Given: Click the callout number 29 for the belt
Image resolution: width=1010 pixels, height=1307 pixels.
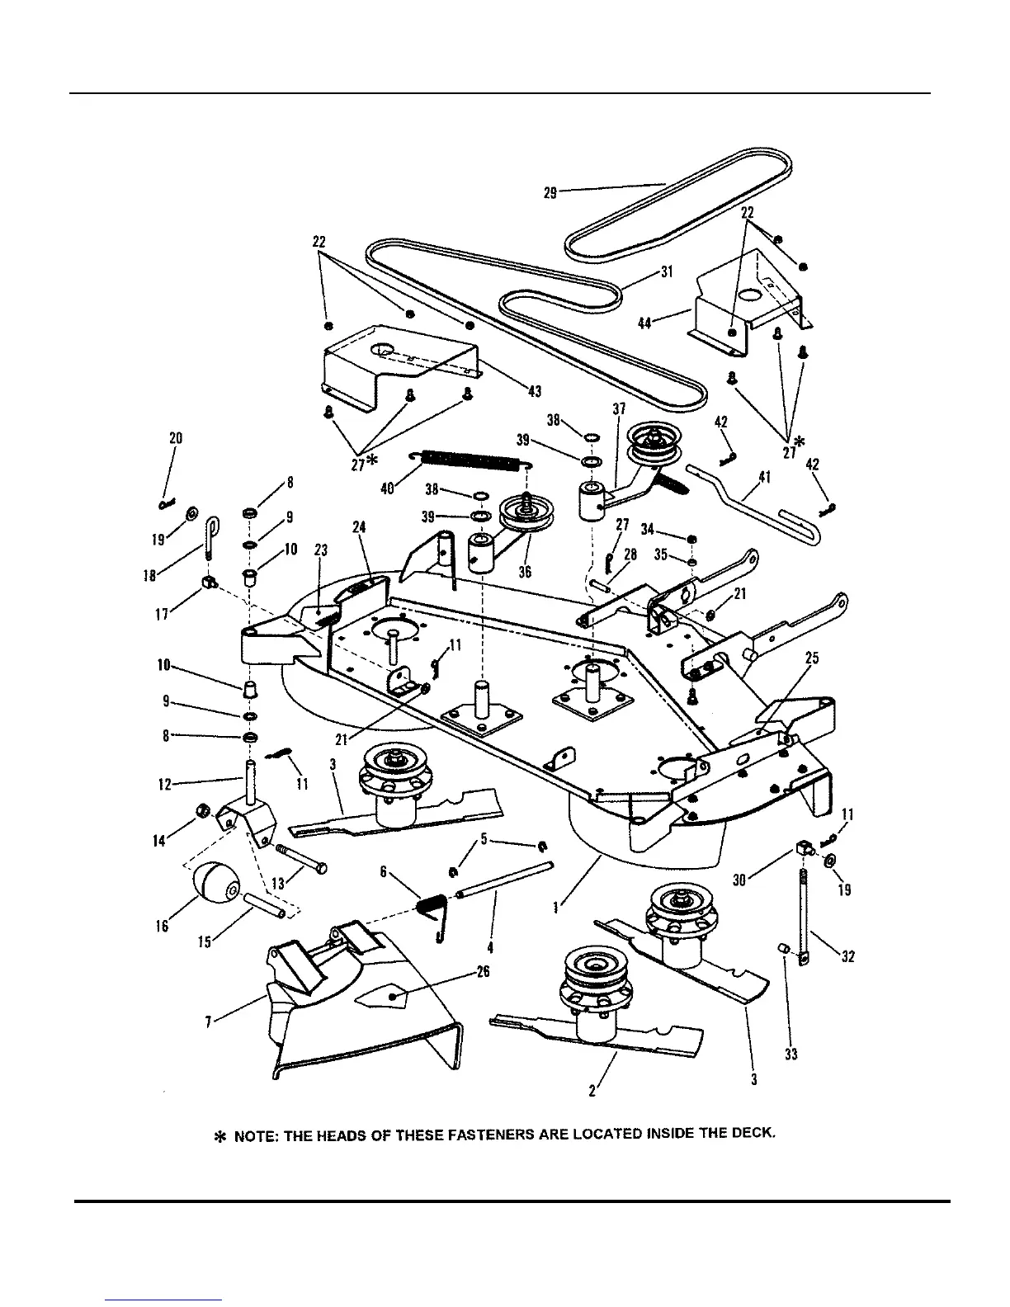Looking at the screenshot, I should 550,192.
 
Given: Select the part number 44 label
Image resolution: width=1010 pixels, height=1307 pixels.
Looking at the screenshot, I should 645,323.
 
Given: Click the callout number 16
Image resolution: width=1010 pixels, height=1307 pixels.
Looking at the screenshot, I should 162,927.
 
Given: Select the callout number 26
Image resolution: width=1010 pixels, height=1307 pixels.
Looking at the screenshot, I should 483,972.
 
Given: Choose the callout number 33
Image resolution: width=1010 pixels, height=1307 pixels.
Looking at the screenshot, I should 791,1055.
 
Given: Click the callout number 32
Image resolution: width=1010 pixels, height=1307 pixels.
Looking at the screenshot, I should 848,956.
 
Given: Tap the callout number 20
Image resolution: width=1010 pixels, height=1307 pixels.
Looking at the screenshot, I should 176,438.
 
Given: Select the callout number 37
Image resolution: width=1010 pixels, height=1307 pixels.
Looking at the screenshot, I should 619,408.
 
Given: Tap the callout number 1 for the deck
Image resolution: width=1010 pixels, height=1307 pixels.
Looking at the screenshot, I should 559,908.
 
